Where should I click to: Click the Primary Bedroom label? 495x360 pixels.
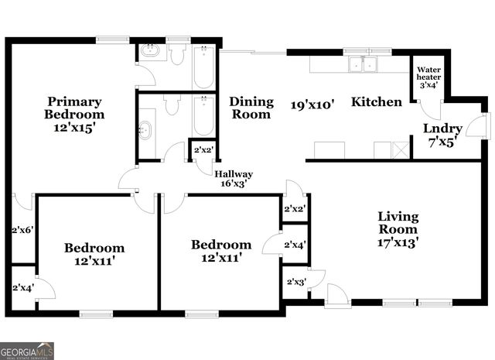(x=74, y=108)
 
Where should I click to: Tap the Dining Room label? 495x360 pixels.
(x=251, y=108)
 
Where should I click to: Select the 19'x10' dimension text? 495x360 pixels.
(x=312, y=103)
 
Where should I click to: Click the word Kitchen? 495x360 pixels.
(x=377, y=102)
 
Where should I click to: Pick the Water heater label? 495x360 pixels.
(x=428, y=73)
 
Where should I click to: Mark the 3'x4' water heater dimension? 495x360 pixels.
(x=428, y=85)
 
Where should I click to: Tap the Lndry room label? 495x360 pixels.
(x=442, y=129)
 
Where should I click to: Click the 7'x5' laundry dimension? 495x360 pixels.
(x=442, y=142)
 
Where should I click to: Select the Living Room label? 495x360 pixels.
(x=398, y=222)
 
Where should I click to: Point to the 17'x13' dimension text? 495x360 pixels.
(x=398, y=242)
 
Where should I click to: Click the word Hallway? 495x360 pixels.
(x=234, y=174)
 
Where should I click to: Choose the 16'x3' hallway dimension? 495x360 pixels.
(x=234, y=184)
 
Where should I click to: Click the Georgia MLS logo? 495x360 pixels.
(x=27, y=351)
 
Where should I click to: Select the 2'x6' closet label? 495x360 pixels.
(x=22, y=230)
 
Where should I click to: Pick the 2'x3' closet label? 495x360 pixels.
(x=295, y=282)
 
